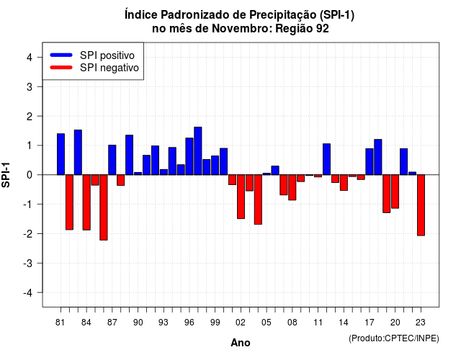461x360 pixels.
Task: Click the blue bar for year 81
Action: pos(61,154)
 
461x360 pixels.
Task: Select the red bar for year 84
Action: pos(86,202)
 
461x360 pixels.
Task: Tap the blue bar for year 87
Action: pos(112,160)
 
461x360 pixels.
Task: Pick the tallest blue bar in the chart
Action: pos(198,151)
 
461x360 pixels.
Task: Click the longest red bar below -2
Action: pos(104,207)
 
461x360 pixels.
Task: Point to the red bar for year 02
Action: pos(241,197)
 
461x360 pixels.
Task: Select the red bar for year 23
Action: pos(421,205)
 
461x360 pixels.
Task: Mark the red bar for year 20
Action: pos(395,192)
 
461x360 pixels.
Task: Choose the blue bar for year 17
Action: pos(370,161)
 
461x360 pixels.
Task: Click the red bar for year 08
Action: pos(292,187)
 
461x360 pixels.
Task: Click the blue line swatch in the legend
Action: pos(61,55)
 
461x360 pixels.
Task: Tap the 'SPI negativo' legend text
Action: pos(109,68)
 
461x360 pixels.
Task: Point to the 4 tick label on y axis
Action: pos(30,58)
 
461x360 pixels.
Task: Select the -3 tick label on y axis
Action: pos(28,264)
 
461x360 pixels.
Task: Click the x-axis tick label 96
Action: pos(189,323)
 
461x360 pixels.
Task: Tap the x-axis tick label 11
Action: pos(318,323)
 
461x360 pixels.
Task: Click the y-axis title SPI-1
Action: pos(6,175)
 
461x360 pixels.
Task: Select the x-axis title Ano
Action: pos(241,343)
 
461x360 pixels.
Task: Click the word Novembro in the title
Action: pos(242,29)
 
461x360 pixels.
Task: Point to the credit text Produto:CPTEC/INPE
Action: pos(394,338)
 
